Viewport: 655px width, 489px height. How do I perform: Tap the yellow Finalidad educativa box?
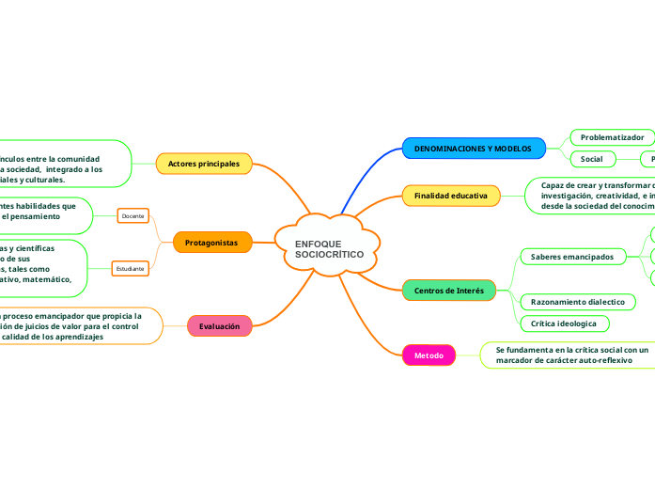(450, 196)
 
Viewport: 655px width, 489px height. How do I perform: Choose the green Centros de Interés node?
(448, 291)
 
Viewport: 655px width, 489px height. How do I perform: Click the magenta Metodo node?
(429, 355)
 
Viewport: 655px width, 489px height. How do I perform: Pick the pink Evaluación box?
(219, 325)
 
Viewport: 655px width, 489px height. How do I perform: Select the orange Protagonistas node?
(211, 243)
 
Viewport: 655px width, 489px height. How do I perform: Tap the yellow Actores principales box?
(204, 164)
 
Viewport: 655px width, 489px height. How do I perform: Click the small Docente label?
(133, 216)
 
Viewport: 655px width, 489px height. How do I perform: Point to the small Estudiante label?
(130, 269)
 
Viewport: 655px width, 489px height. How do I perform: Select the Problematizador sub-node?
(612, 137)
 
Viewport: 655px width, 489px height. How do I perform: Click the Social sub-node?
(592, 159)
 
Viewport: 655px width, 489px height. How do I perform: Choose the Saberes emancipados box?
(571, 256)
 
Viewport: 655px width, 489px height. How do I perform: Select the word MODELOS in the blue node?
(513, 149)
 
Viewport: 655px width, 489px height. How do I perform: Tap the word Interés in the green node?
(467, 291)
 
